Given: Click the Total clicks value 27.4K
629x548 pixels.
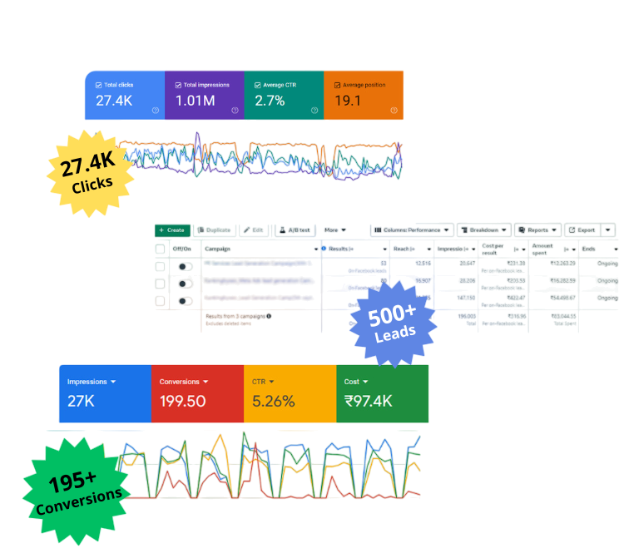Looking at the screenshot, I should (x=114, y=101).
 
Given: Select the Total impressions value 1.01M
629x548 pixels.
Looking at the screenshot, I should (x=195, y=101).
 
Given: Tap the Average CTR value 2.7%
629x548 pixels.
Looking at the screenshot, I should (x=270, y=101).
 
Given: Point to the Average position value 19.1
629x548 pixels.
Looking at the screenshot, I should (x=347, y=101).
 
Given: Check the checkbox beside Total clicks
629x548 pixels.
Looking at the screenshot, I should (x=99, y=85).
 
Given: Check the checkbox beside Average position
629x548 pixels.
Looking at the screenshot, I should (x=337, y=85).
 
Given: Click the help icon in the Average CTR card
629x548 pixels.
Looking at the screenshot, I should (x=314, y=111).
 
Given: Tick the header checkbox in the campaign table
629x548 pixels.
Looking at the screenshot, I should (x=161, y=248).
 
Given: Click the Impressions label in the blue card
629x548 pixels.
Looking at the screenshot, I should (x=87, y=382).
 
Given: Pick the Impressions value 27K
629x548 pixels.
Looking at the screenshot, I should (x=81, y=401).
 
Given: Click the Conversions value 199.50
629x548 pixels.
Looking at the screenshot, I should (x=183, y=401).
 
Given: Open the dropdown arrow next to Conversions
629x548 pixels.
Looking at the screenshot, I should (x=206, y=382).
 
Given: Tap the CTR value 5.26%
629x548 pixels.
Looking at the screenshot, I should (x=274, y=401).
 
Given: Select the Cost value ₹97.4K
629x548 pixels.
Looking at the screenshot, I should (x=369, y=401).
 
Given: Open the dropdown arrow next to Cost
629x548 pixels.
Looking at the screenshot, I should (x=364, y=382).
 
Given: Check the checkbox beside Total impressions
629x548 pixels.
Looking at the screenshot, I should (x=179, y=85).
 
